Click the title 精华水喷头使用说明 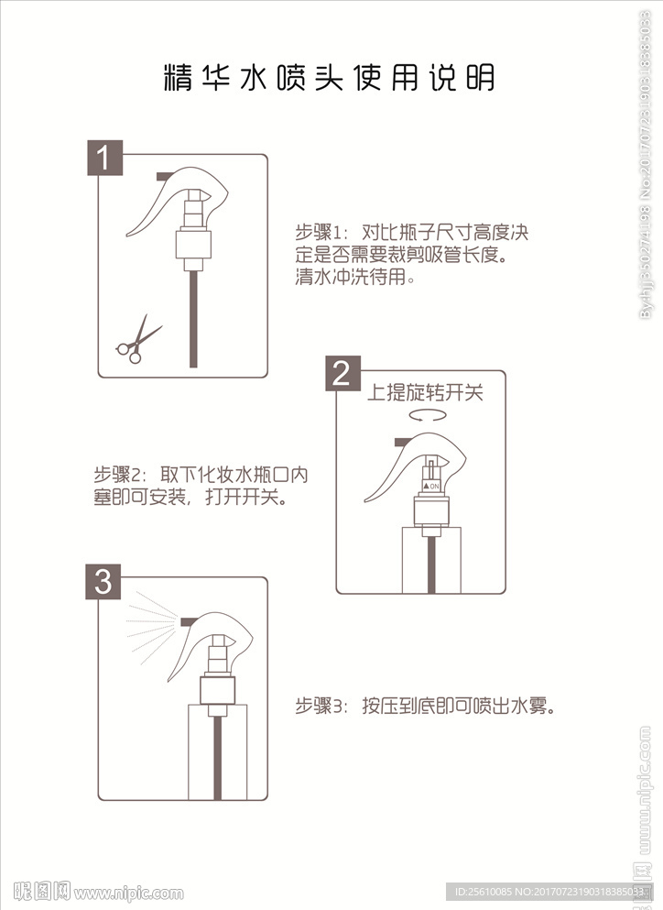329,78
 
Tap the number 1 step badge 104,158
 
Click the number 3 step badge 103,581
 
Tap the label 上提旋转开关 424,393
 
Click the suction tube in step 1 192,316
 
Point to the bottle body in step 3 218,751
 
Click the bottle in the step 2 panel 429,559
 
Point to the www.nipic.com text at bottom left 128,892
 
